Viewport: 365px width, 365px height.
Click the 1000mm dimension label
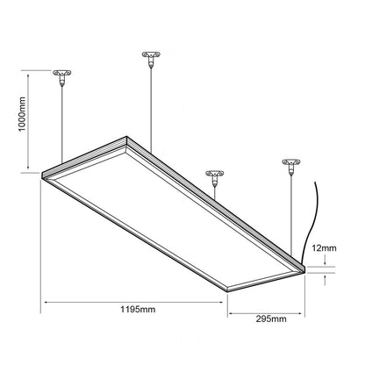tap(22, 114)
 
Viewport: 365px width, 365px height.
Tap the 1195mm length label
tap(138, 309)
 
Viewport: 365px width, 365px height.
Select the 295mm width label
tap(271, 318)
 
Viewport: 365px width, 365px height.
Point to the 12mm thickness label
tap(324, 248)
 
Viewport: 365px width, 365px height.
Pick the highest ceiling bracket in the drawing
tap(151, 59)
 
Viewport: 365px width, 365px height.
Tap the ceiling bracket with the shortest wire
tap(215, 178)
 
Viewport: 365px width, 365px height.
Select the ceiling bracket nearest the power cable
tap(291, 167)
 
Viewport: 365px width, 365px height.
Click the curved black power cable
tap(310, 222)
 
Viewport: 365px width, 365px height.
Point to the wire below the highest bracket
tap(151, 111)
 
